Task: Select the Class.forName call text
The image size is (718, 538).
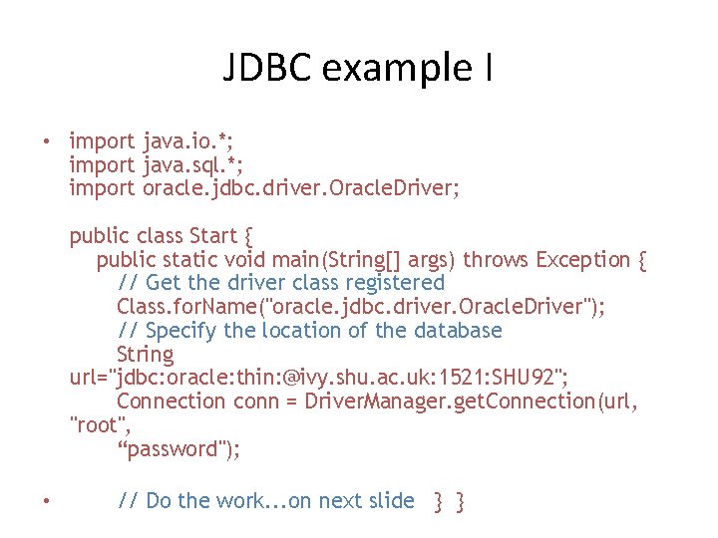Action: [x=359, y=307]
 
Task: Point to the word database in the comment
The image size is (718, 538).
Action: [x=453, y=330]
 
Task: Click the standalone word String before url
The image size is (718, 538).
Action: [x=145, y=354]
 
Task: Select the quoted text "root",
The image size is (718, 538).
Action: [x=97, y=425]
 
